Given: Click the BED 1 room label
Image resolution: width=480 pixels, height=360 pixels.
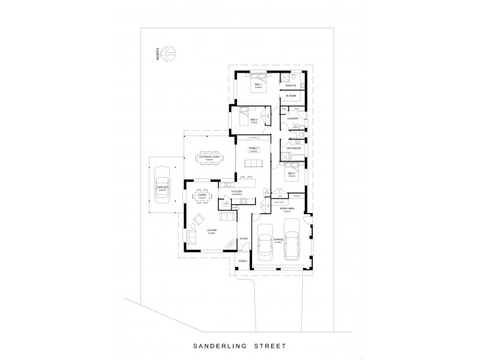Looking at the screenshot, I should pos(258,86).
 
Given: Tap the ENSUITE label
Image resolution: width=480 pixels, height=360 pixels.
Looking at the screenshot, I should pos(291,86).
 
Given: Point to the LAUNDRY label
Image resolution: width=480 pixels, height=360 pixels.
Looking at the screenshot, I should pos(293,118).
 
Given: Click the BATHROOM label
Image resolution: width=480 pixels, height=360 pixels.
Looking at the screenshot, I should pos(293,148).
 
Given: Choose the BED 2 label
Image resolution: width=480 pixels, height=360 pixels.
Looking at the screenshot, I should pos(291,175).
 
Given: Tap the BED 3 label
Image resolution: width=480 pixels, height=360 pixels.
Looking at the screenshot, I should pos(254,120).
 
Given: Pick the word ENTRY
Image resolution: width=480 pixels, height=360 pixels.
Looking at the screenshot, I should pos(244,239).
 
